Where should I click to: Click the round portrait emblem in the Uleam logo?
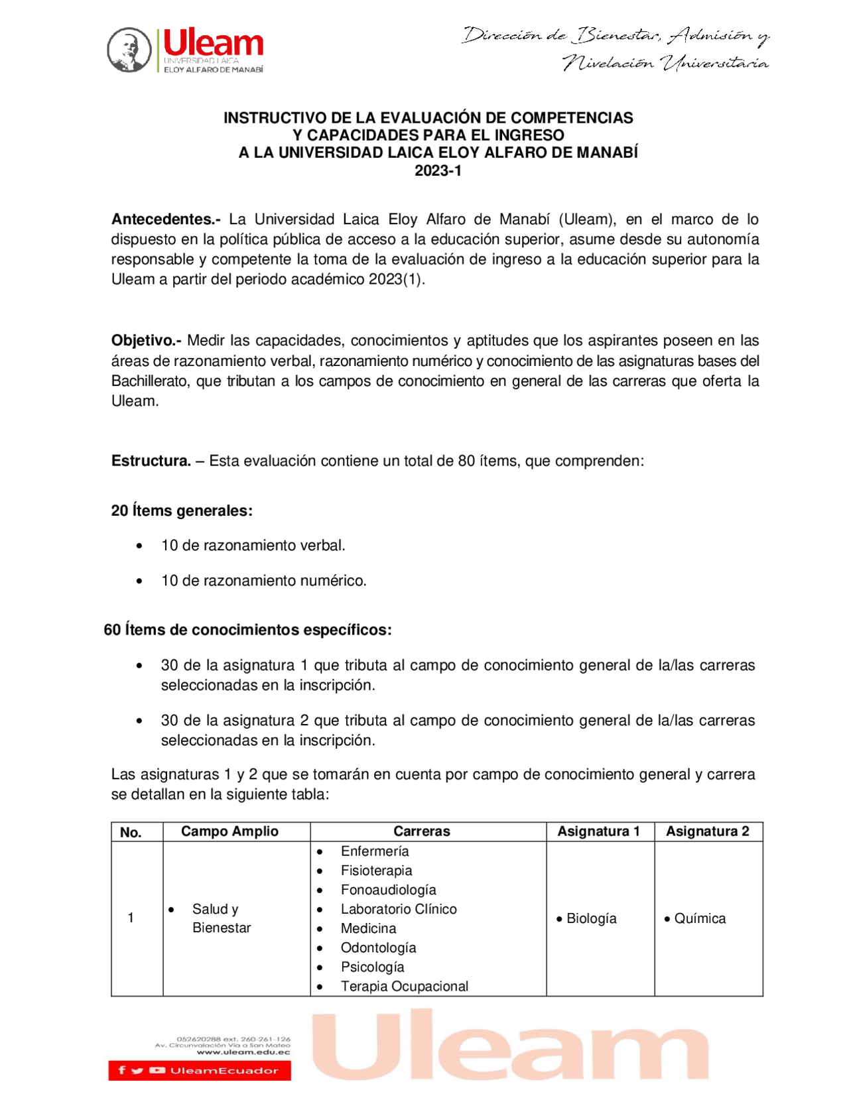tap(129, 50)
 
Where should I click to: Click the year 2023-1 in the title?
tap(438, 170)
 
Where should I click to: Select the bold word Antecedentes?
tap(166, 219)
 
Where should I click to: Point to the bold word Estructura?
tap(151, 461)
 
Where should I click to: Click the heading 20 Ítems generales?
tap(182, 511)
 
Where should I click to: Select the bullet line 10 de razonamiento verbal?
tap(253, 546)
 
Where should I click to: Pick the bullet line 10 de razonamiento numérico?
tap(263, 581)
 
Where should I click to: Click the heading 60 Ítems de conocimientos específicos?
tap(247, 630)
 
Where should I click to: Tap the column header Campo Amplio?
tap(229, 831)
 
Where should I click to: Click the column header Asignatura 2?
tap(707, 831)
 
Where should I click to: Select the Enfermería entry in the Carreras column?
tap(375, 851)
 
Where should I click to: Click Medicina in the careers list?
tap(368, 928)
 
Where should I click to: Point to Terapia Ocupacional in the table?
tap(404, 987)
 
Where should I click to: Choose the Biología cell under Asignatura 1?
tap(591, 919)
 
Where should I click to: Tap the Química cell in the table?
tap(699, 919)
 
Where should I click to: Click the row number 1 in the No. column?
tap(131, 918)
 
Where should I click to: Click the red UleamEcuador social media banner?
tap(200, 1070)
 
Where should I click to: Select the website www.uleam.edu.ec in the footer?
tap(243, 1052)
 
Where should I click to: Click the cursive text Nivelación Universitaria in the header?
tap(665, 64)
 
